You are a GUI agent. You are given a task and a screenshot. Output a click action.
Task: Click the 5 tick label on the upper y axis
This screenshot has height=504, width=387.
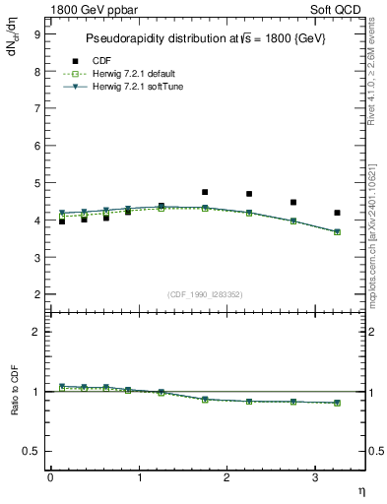(x=36, y=183)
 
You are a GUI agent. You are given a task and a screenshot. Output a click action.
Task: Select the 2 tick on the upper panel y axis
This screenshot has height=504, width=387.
(x=36, y=294)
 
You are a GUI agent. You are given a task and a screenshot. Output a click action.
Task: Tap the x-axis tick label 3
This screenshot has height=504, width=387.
(x=314, y=477)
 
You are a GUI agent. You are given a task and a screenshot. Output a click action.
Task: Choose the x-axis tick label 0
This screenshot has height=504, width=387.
(x=50, y=477)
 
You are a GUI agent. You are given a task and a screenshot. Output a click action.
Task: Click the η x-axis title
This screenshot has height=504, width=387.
(x=360, y=489)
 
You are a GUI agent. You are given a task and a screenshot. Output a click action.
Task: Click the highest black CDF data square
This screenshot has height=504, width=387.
(x=205, y=192)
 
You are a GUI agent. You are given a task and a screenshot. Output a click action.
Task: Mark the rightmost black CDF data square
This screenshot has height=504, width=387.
(x=337, y=213)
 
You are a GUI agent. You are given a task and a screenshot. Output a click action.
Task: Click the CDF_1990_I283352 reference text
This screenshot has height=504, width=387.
(x=205, y=293)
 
